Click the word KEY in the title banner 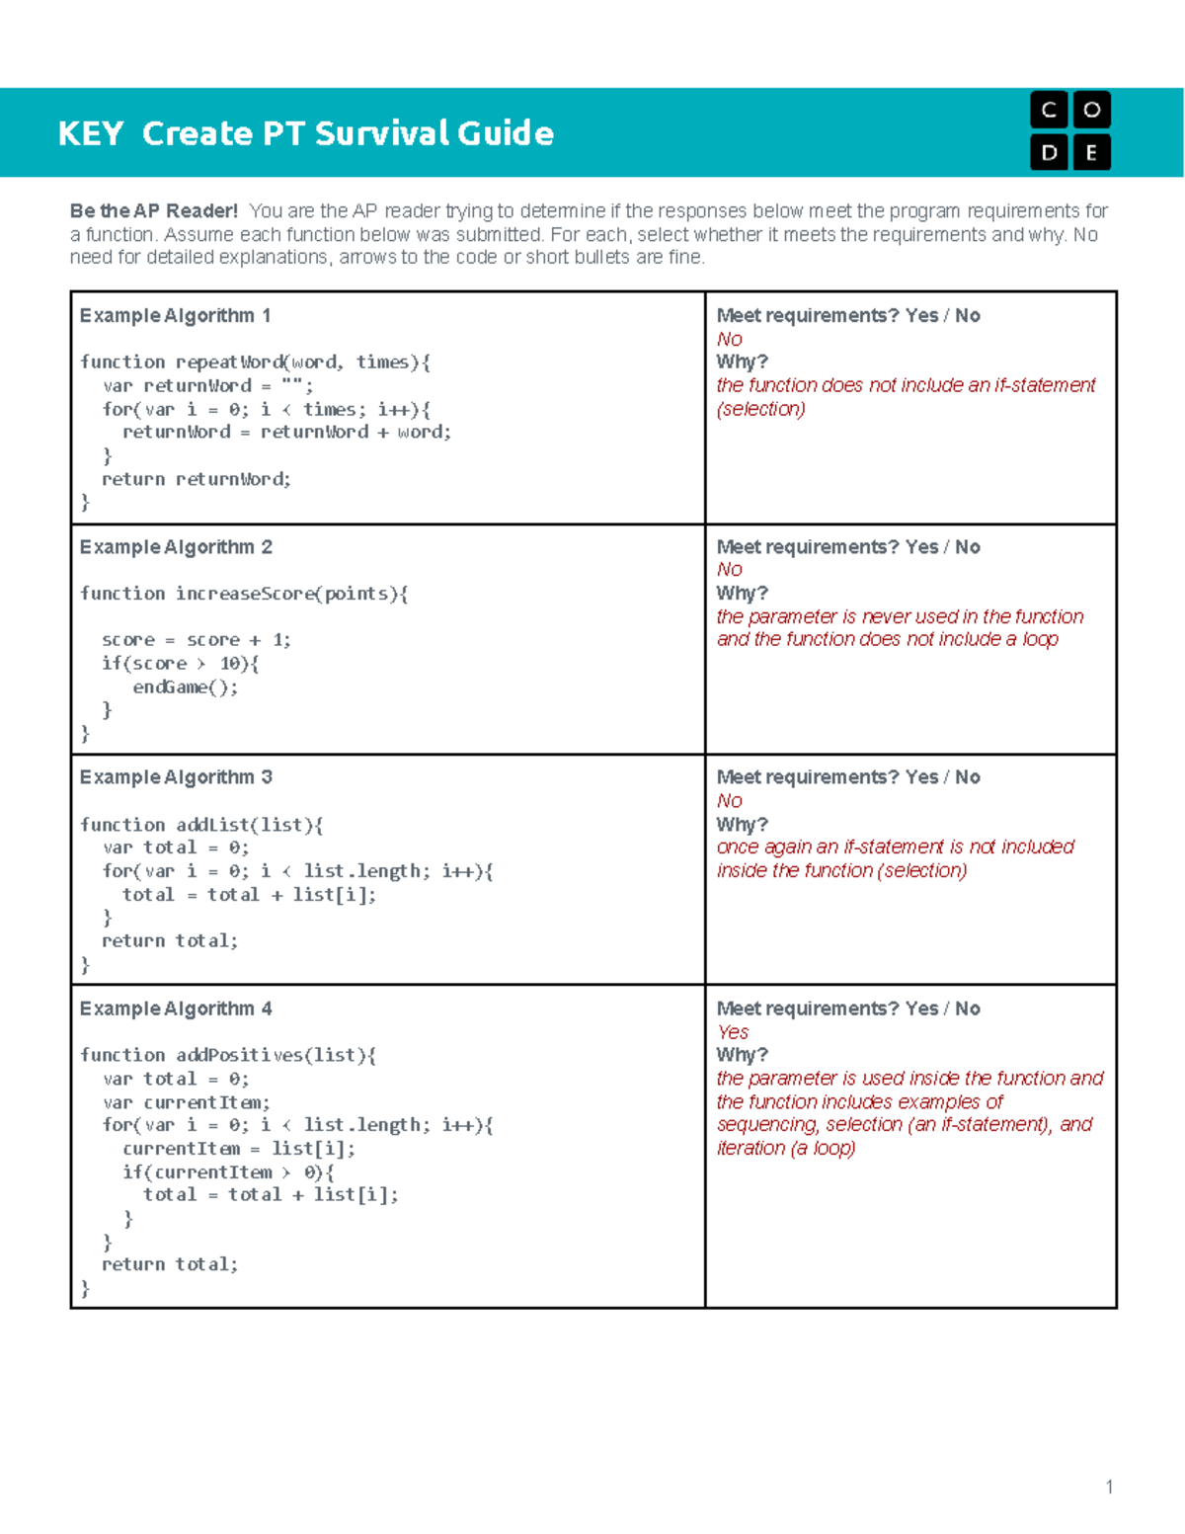90,133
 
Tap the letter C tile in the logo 1049,110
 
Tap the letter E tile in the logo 1091,152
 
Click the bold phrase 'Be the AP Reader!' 154,210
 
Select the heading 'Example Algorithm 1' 175,316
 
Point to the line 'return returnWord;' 197,479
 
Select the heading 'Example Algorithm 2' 176,547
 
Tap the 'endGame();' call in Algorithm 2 186,687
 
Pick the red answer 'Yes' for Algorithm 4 733,1032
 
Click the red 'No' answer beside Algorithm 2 729,570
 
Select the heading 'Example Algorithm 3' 176,777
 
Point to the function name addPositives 239,1055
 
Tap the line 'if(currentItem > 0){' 228,1172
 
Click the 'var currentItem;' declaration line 186,1102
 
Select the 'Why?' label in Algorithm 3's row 742,825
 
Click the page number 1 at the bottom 1109,1488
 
